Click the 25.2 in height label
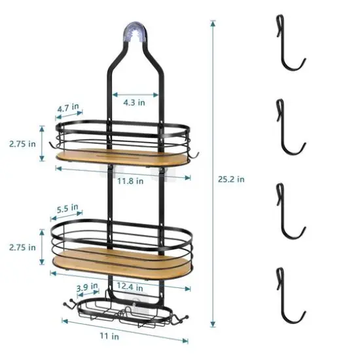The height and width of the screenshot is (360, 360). [x=232, y=178]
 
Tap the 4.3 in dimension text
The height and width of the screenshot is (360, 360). [x=134, y=101]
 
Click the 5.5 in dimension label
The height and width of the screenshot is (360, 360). [x=68, y=209]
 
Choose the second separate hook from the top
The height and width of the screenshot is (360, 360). [x=287, y=130]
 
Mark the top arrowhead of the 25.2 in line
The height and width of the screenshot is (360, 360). [x=212, y=24]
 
